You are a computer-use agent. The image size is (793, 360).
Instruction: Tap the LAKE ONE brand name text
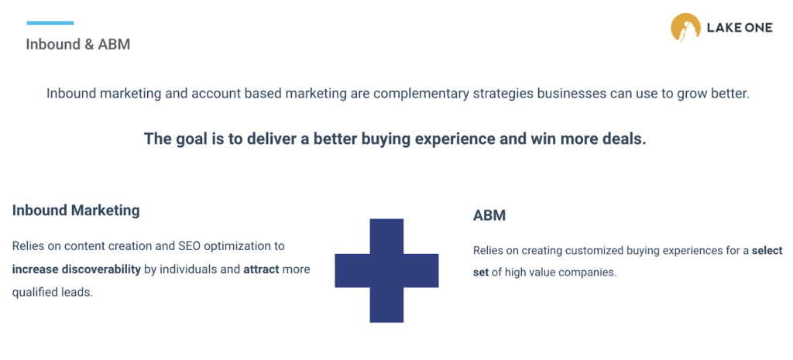click(x=740, y=29)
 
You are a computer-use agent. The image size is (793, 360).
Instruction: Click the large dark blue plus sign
click(x=386, y=270)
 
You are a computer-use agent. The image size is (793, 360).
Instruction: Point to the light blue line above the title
click(x=50, y=22)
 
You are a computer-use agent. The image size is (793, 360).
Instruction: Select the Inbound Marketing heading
click(x=76, y=210)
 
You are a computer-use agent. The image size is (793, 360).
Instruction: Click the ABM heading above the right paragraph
click(x=489, y=215)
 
